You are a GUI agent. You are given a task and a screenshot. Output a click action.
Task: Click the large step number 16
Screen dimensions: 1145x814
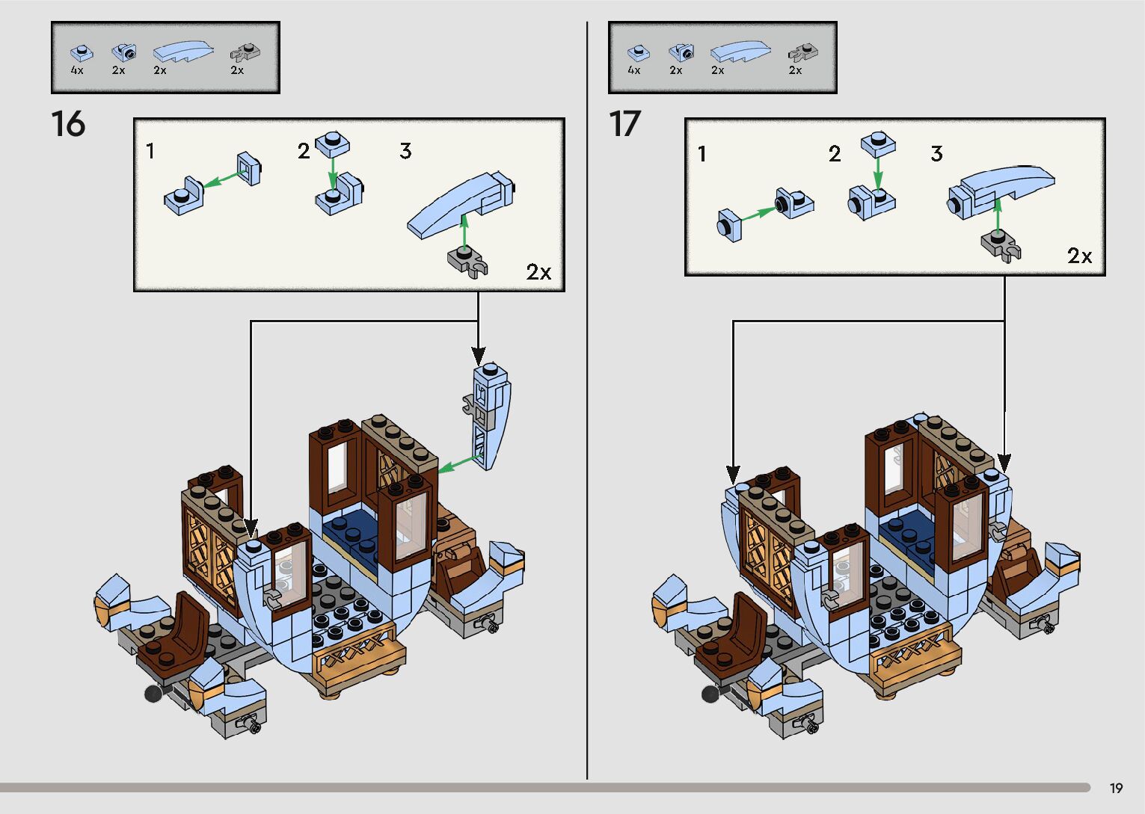[68, 124]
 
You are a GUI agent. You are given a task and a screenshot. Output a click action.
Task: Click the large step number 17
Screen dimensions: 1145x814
[624, 124]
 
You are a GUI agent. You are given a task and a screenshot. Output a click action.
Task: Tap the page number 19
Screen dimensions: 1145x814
[1116, 788]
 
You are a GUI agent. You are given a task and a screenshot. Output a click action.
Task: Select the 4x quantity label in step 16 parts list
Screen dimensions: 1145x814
[77, 70]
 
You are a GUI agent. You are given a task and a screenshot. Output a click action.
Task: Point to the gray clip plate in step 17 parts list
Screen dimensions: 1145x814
[802, 52]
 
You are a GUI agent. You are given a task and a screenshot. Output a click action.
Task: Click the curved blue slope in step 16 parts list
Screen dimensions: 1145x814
[182, 51]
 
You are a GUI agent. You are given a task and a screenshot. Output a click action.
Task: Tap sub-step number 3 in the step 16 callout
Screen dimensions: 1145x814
[405, 151]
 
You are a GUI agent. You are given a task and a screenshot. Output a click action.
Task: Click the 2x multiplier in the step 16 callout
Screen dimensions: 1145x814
[538, 272]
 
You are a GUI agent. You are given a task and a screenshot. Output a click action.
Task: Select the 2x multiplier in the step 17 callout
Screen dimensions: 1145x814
[1079, 256]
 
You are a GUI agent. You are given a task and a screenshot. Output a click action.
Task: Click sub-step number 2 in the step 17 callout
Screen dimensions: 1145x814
[835, 154]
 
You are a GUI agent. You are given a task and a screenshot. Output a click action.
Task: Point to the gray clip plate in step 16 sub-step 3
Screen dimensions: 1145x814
[467, 262]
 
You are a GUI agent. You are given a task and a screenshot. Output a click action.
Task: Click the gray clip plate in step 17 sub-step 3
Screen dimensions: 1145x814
[1001, 244]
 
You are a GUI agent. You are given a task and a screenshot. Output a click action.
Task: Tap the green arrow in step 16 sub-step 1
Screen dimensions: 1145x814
[224, 179]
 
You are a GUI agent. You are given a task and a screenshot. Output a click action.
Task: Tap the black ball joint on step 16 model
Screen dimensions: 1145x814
[153, 694]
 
